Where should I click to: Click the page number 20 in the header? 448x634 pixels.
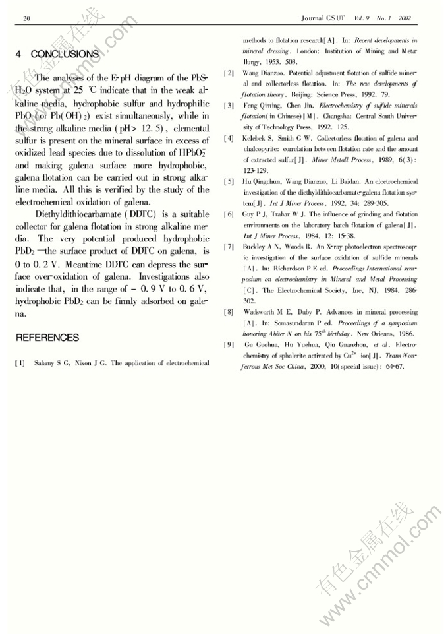26,18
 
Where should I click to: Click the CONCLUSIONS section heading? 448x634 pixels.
57,53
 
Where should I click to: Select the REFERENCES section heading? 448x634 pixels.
47,338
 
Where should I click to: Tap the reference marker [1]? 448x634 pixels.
20,362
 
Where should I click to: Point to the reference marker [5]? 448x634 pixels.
229,181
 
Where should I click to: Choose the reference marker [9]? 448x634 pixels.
229,344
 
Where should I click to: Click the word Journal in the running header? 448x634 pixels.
315,18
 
